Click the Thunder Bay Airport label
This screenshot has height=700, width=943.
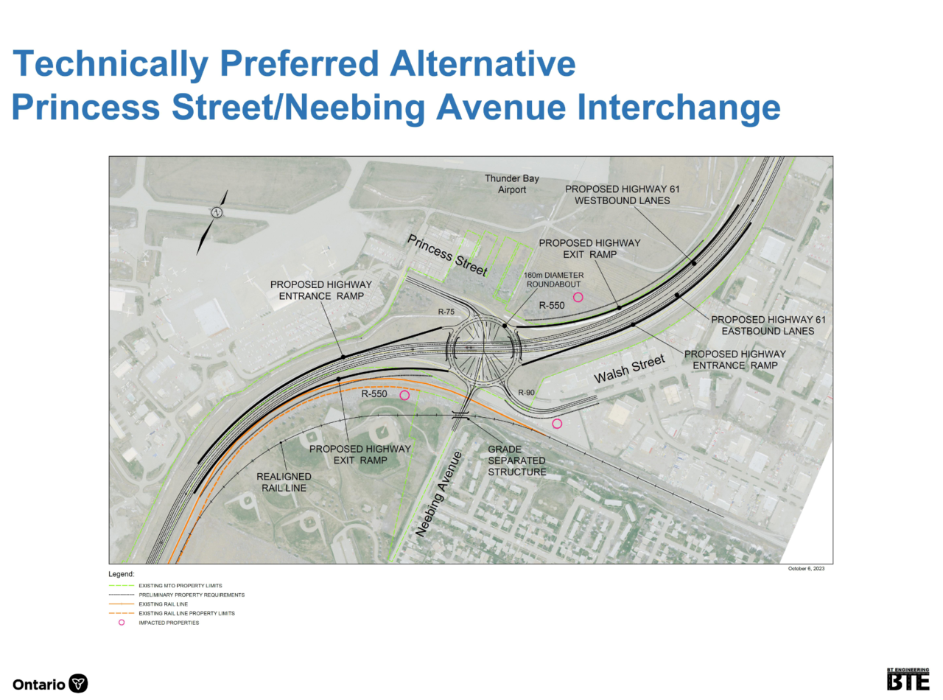512,184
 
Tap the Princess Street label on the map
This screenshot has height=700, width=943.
447,256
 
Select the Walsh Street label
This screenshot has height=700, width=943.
629,369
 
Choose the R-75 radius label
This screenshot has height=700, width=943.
446,312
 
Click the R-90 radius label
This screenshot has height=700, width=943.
526,392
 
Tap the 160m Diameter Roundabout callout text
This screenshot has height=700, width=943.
553,280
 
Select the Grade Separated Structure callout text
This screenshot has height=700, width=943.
516,461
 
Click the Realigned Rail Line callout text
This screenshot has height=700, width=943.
284,482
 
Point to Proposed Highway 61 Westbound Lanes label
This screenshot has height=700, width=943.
623,195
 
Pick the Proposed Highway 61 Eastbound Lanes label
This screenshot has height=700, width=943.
768,326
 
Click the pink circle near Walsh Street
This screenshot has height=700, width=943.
557,424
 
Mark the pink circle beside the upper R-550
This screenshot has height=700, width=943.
578,297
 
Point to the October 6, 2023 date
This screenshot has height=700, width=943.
806,569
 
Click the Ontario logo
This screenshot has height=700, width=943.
50,684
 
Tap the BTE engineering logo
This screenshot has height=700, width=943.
908,679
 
